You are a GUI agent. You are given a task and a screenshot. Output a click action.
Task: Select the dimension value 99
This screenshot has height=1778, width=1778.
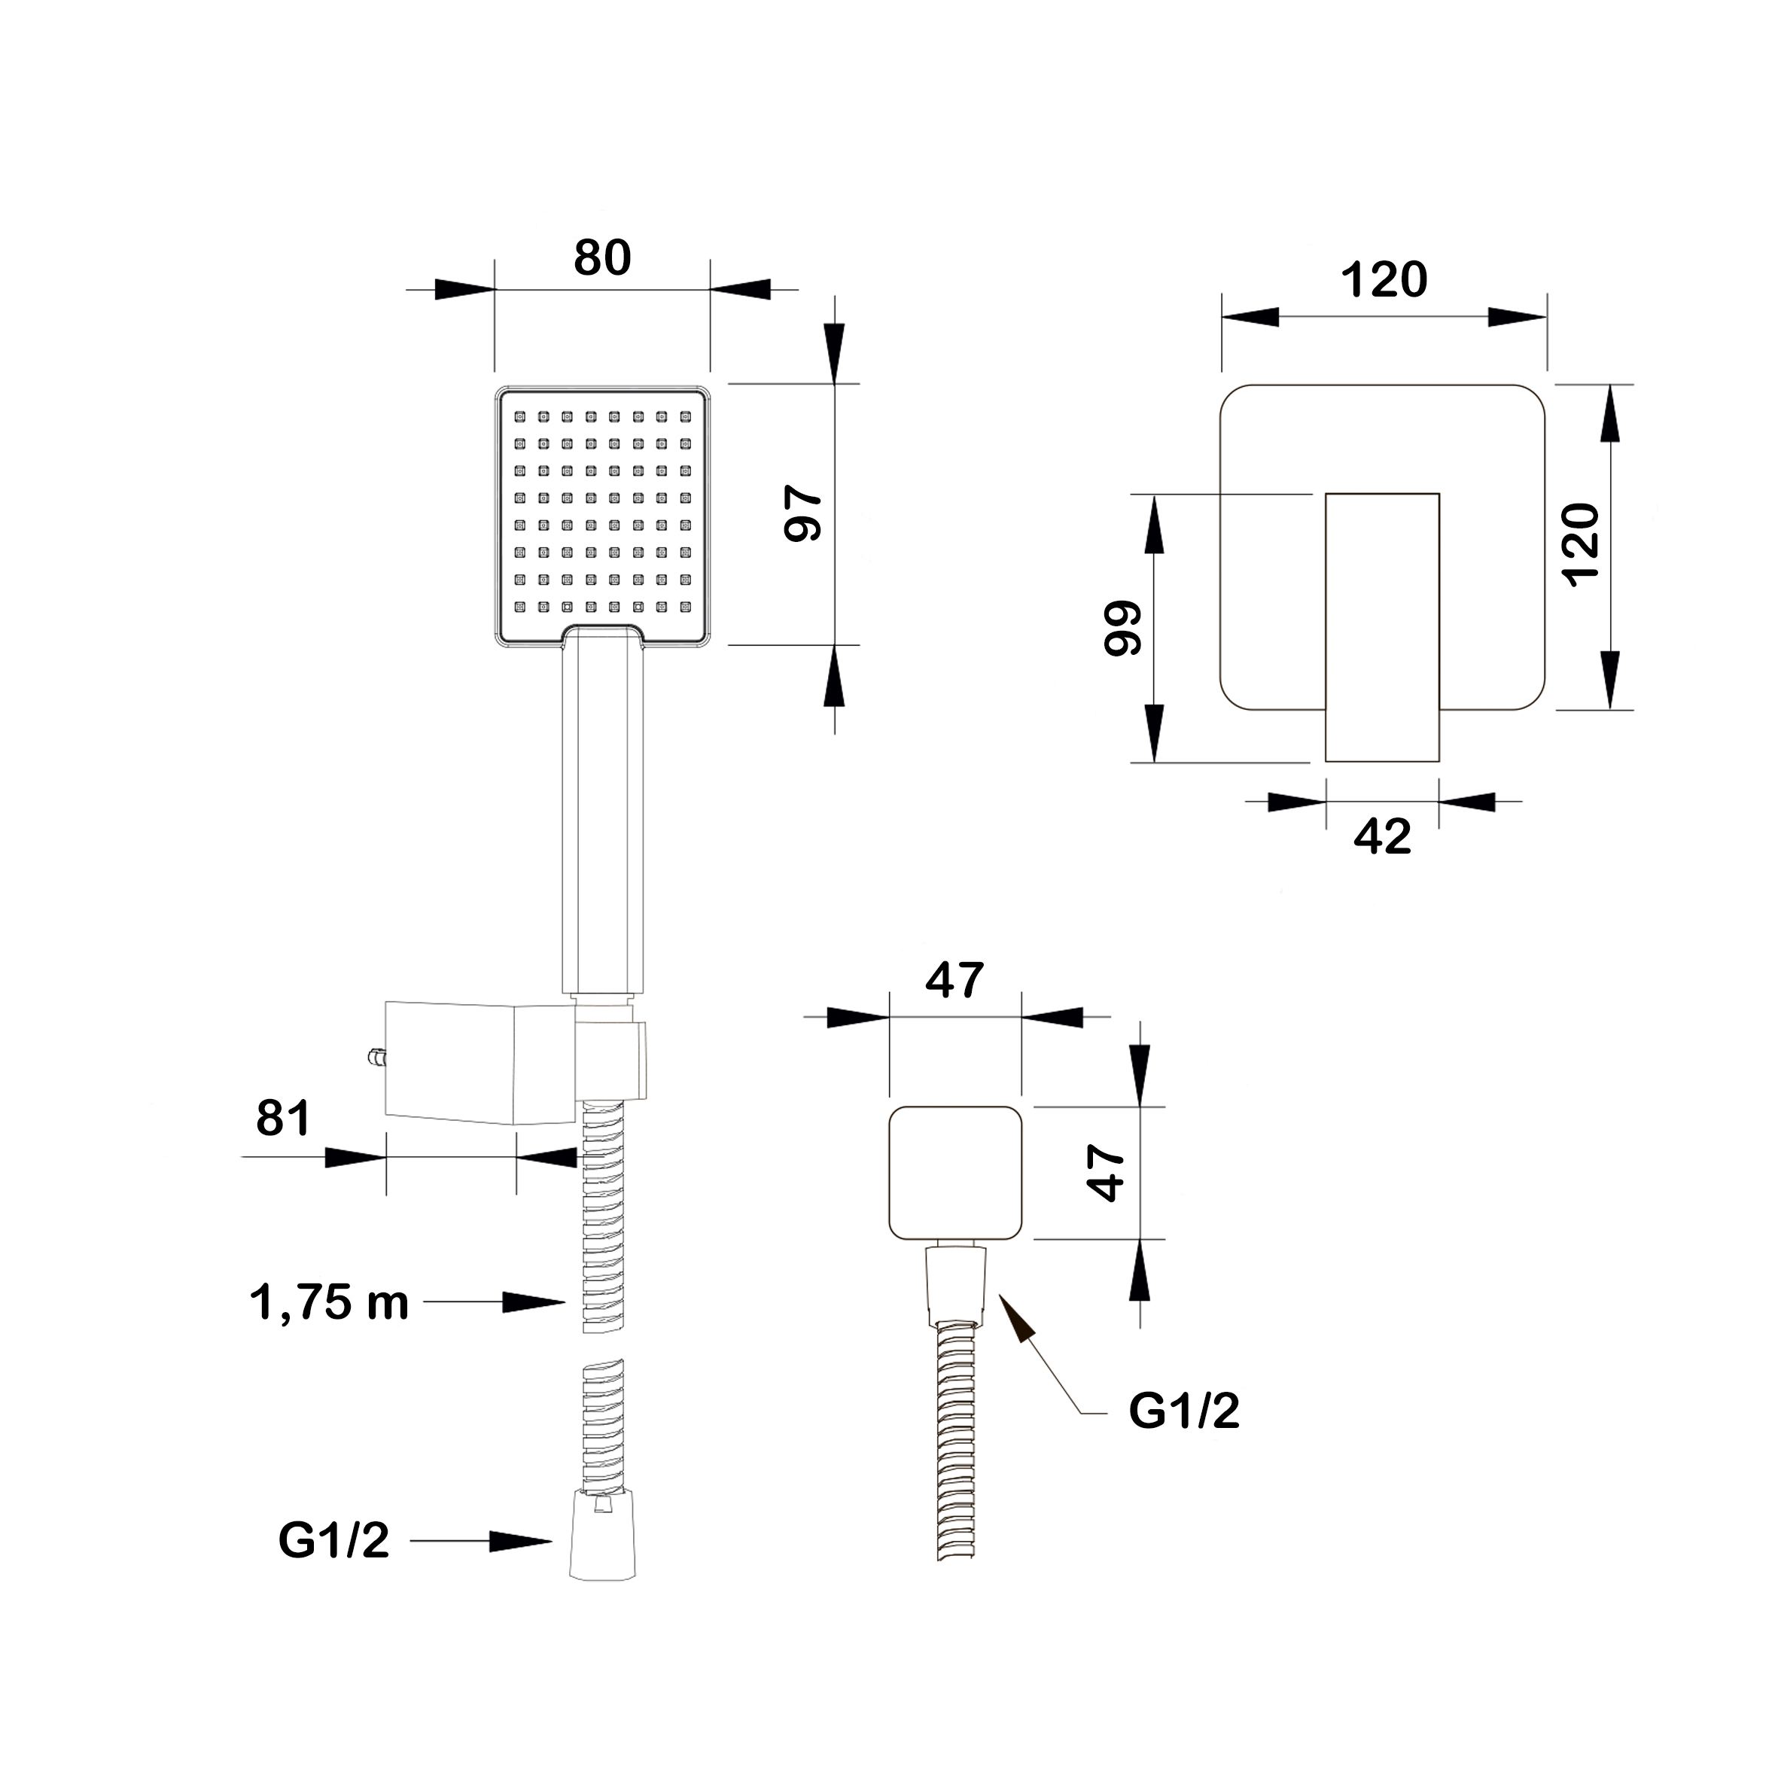coord(1123,628)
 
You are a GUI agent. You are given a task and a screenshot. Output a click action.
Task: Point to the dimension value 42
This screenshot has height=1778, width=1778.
coord(1382,836)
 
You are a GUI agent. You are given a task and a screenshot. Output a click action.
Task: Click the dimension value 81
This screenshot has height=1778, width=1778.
coord(284,1118)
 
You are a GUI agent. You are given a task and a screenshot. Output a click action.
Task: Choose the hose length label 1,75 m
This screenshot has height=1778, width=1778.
coord(328,1303)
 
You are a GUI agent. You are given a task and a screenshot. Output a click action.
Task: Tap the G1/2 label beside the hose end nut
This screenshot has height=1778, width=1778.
coord(334,1541)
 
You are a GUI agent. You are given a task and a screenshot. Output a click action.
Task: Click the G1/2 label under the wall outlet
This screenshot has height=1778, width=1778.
coord(1184,1410)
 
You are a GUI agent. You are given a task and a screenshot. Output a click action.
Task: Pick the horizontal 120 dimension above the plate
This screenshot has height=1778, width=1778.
coord(1384,280)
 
